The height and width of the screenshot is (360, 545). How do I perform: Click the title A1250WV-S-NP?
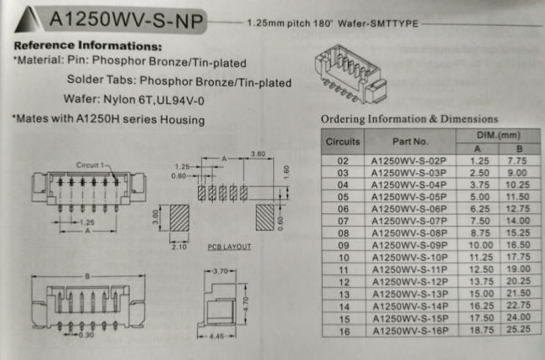coord(126,19)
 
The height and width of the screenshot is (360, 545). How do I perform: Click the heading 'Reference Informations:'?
coord(88,45)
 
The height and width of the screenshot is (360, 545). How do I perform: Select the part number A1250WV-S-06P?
coord(409,209)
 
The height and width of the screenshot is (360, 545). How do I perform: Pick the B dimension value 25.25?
coord(518,329)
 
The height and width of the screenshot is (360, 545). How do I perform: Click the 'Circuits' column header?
coord(343,142)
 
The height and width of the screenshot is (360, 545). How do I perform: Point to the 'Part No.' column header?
coord(410,142)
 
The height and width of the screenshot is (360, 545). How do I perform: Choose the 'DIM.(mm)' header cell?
coord(498,135)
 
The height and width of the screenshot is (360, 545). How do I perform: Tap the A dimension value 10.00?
coord(480,245)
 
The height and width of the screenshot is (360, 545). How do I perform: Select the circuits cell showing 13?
coord(344,295)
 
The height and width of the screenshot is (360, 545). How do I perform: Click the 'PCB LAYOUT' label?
coord(230,247)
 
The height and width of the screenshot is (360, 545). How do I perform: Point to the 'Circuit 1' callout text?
coord(90,164)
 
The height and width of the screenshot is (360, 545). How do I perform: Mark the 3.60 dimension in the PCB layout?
coord(258,154)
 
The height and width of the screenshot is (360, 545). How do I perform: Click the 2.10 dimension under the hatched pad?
coord(179,247)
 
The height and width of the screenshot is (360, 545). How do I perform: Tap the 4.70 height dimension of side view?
coord(246,305)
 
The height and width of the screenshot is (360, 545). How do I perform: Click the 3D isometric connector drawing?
coord(350,74)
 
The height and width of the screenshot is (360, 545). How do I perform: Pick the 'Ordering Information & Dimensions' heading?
coord(409,119)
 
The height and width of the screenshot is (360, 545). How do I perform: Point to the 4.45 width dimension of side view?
coord(217,337)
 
